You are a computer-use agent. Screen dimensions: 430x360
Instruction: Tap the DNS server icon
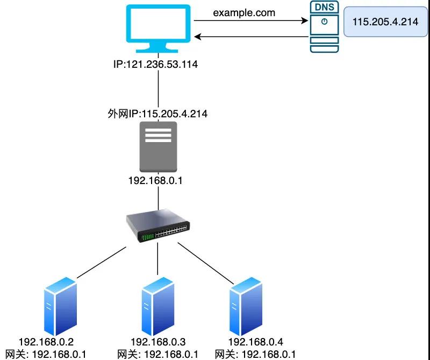pyautogui.click(x=325, y=26)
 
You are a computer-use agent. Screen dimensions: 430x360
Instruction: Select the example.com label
pyautogui.click(x=244, y=12)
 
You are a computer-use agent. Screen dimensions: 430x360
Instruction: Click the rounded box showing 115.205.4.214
pyautogui.click(x=385, y=22)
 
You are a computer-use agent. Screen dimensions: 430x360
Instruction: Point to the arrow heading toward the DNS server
pyautogui.click(x=251, y=20)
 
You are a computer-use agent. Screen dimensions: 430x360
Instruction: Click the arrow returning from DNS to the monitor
pyautogui.click(x=251, y=37)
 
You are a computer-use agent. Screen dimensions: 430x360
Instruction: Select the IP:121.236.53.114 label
pyautogui.click(x=155, y=64)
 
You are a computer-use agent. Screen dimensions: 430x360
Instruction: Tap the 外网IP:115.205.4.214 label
pyautogui.click(x=157, y=114)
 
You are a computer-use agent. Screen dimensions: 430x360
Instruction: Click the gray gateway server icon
pyautogui.click(x=158, y=147)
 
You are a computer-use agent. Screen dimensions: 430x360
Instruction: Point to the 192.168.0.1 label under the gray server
pyautogui.click(x=155, y=180)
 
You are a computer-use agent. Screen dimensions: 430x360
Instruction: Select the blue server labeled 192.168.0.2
pyautogui.click(x=60, y=306)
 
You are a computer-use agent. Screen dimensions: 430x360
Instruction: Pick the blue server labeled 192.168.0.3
pyautogui.click(x=157, y=306)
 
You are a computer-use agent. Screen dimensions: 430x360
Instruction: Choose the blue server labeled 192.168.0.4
pyautogui.click(x=246, y=306)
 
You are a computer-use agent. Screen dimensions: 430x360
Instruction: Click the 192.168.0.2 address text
pyautogui.click(x=46, y=342)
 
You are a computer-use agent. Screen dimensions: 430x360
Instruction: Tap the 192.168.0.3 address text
pyautogui.click(x=158, y=342)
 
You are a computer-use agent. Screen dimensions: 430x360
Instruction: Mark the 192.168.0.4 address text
pyautogui.click(x=256, y=342)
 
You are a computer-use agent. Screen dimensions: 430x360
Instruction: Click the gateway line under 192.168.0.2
pyautogui.click(x=46, y=354)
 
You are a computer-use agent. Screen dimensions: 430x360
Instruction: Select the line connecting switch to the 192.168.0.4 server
pyautogui.click(x=206, y=263)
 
